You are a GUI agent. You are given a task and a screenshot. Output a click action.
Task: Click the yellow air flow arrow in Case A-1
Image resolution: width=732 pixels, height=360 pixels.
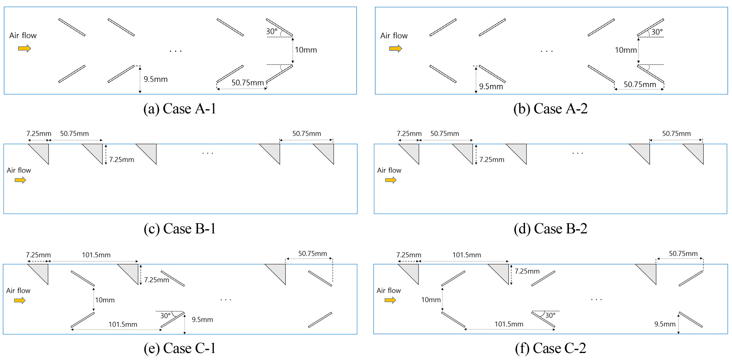coord(24,49)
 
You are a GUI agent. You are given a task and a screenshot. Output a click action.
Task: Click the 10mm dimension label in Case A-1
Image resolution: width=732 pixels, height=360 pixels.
coord(306,50)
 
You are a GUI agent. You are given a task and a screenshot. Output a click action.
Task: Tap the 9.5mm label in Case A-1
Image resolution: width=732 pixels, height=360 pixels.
coord(155,79)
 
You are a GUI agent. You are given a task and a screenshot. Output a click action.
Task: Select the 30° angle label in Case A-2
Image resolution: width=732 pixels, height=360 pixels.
coord(657,32)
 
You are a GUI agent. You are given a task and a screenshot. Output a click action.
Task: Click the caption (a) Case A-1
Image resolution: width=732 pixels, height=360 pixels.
coord(179,109)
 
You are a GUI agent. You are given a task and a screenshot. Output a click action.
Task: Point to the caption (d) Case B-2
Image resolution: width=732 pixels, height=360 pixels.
coord(550,229)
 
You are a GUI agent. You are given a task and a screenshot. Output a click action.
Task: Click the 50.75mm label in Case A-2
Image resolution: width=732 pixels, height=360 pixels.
coord(640,85)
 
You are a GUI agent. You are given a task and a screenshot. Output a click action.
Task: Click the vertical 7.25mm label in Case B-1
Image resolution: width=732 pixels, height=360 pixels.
coord(121,160)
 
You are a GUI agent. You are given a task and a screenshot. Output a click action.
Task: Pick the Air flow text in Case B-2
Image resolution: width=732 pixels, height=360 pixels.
coord(389,170)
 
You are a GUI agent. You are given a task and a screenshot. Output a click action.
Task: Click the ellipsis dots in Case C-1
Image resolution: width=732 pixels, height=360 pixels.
coord(226,300)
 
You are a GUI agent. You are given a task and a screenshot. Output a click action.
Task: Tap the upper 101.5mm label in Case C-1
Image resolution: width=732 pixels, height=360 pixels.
coord(96,255)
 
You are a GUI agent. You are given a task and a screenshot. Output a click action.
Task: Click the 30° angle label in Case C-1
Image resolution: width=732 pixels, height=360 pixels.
coord(165,316)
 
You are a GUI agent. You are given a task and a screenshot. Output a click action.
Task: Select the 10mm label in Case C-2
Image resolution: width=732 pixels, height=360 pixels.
coord(431,300)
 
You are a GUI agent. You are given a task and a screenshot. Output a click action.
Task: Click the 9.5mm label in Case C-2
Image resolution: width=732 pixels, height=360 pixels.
coord(664,324)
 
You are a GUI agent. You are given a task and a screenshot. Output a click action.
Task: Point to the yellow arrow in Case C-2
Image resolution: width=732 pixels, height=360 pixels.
coord(390,300)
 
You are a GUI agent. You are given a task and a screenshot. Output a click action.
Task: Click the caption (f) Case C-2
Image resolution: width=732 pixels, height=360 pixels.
coord(550,348)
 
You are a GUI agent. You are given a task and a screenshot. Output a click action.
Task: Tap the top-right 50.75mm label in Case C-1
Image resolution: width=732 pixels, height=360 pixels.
coord(312,254)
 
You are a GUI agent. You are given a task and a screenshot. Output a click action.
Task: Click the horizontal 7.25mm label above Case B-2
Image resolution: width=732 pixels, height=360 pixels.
coord(409,134)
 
